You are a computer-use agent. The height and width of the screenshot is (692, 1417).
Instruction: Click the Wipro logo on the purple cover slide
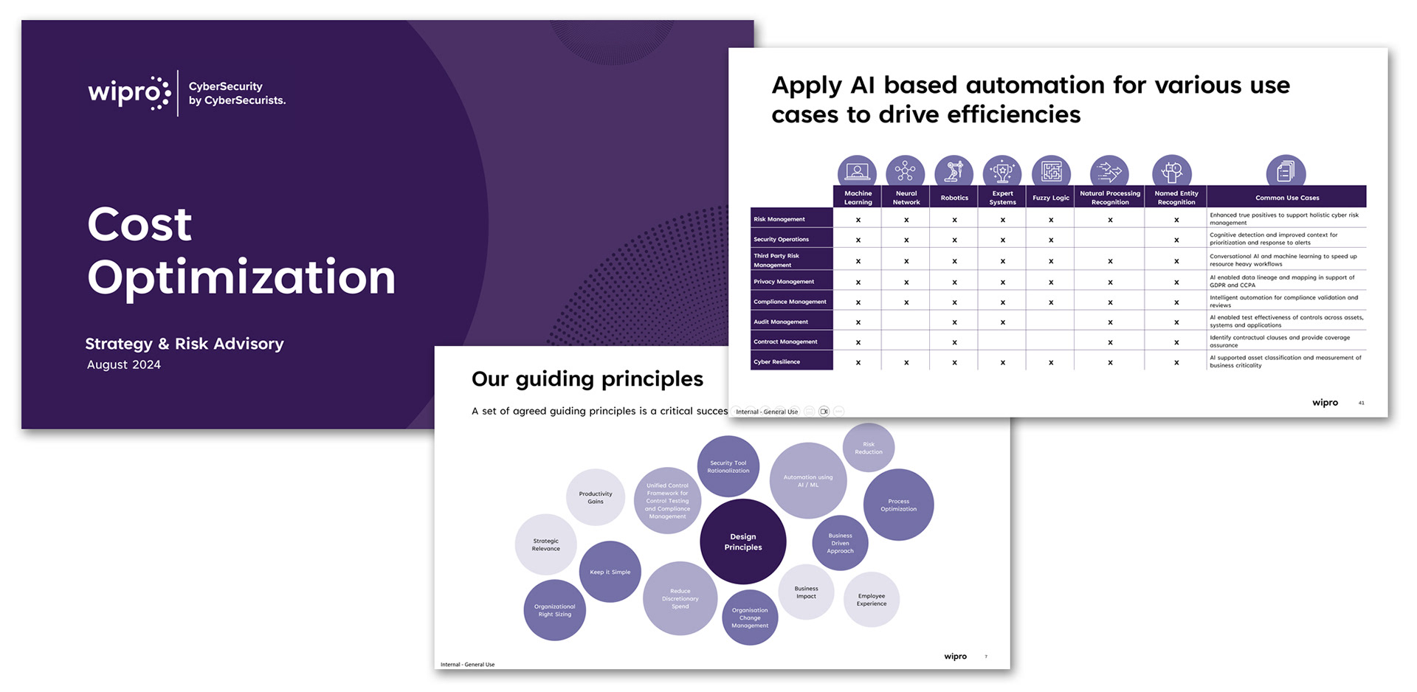(x=130, y=93)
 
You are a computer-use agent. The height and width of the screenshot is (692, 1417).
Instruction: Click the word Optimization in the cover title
(x=241, y=277)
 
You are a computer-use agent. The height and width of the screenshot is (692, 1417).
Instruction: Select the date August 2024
(x=124, y=364)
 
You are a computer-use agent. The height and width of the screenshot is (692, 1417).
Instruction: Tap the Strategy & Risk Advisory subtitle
(x=185, y=344)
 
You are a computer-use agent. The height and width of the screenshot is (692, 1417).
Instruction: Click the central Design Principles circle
(x=742, y=542)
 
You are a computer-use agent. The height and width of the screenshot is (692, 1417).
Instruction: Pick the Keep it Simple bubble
(x=610, y=572)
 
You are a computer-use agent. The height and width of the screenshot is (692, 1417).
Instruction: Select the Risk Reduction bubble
(x=868, y=448)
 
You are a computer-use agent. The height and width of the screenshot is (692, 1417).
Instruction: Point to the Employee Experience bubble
(x=871, y=599)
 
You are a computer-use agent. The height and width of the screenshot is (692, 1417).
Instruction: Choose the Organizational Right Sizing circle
(x=554, y=610)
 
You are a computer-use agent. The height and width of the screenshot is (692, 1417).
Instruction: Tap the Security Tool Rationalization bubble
(x=728, y=466)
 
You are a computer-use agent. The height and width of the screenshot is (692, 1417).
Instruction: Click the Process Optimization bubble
(x=898, y=505)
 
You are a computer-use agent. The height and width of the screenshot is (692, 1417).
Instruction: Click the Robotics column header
(x=954, y=198)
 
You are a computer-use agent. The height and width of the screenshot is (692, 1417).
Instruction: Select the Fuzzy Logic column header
(x=1050, y=198)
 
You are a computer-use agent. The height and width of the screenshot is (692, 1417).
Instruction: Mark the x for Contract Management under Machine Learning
(x=858, y=342)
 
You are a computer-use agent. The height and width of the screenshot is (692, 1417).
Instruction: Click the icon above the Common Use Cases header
(x=1286, y=173)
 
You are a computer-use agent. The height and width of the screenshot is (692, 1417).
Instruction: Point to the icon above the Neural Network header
(x=905, y=173)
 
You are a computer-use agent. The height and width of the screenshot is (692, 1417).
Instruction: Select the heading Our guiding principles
(x=587, y=379)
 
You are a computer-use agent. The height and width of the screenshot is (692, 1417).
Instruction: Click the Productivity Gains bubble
(x=595, y=497)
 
